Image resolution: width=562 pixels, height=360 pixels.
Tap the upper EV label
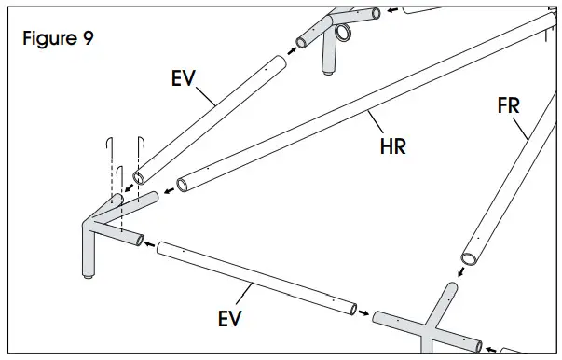pos(183,77)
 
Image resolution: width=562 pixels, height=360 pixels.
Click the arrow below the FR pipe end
pos(459,274)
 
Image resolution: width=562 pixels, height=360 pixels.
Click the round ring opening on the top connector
pos(344,34)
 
